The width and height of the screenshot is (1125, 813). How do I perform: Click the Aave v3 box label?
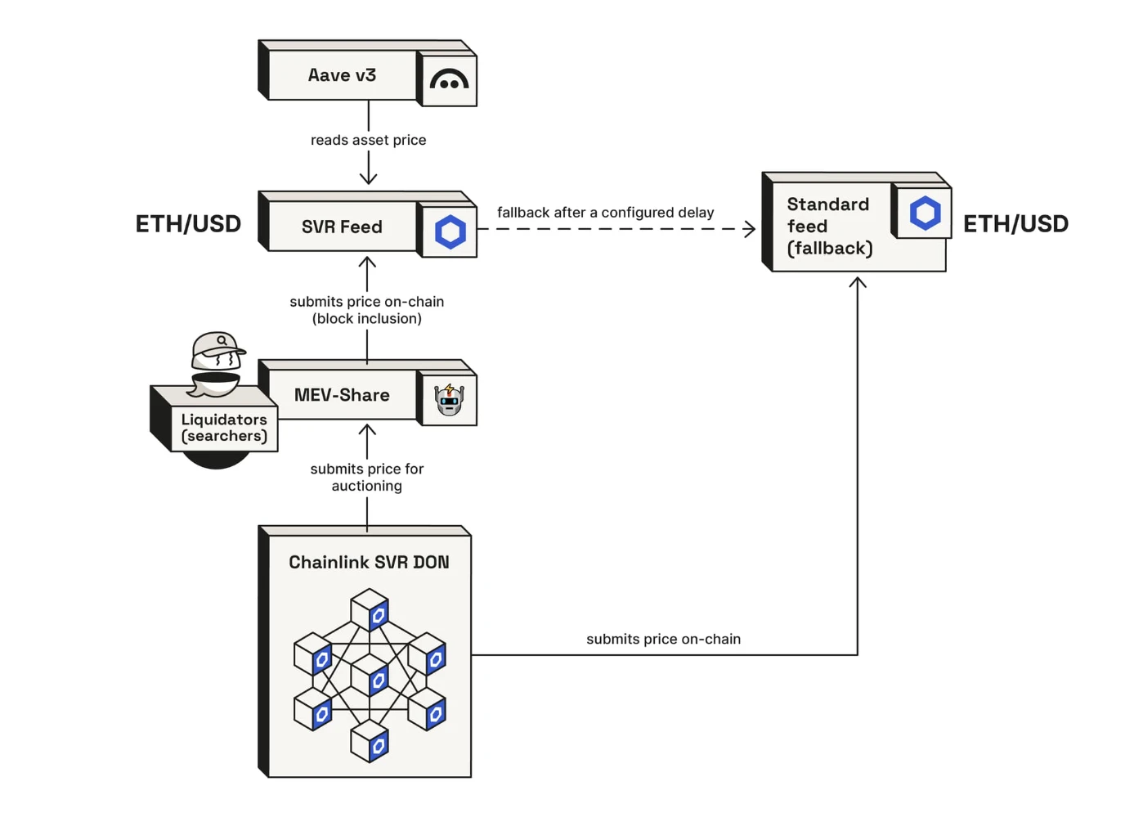342,75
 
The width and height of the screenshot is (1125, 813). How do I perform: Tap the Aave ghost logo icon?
449,80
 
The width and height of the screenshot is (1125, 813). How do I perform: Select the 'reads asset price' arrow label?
368,140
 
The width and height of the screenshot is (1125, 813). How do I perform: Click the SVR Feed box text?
342,227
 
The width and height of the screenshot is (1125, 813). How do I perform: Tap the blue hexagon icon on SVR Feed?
450,232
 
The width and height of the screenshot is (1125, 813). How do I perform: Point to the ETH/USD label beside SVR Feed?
188,224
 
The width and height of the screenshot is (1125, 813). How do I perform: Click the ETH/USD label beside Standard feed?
1015,224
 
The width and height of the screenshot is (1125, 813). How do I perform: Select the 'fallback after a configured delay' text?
605,213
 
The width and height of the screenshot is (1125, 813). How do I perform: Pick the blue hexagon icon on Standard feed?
925,213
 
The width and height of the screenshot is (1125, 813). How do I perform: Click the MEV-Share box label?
342,395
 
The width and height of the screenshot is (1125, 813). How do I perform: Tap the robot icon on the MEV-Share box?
449,399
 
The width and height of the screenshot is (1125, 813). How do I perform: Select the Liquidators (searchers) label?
224,428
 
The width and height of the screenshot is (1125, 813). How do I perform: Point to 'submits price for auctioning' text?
367,477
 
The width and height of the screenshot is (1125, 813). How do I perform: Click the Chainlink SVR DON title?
369,563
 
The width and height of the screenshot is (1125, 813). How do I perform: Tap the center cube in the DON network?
370,675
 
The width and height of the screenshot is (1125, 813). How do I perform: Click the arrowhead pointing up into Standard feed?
858,282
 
